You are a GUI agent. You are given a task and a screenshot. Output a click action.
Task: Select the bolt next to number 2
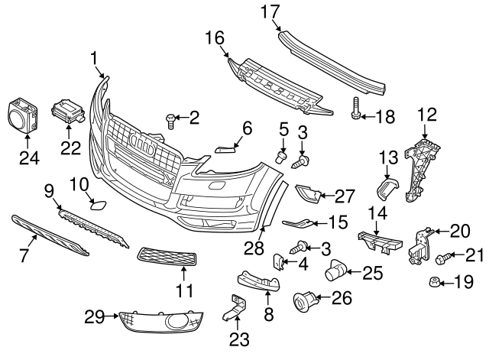pyautogui.click(x=169, y=119)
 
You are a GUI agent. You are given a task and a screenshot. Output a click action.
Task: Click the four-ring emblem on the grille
pyautogui.click(x=144, y=142)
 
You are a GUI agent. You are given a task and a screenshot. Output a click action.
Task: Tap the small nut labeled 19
pyautogui.click(x=434, y=283)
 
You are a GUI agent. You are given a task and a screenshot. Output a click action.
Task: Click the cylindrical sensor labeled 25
pyautogui.click(x=335, y=271)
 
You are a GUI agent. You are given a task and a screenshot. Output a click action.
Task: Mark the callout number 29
pyautogui.click(x=94, y=316)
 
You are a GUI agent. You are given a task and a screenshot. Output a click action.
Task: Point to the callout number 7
pyautogui.click(x=23, y=255)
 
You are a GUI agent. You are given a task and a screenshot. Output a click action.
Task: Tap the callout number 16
pyautogui.click(x=215, y=37)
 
